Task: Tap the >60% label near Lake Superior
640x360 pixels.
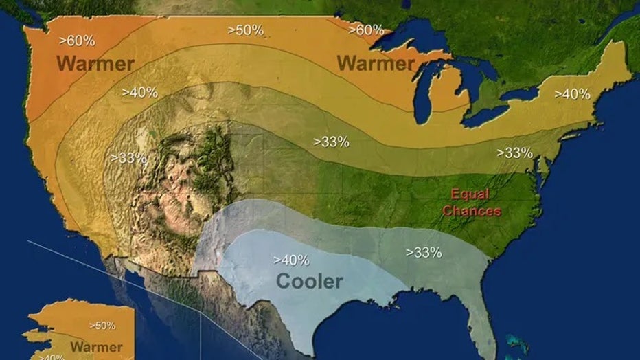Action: click(x=365, y=30)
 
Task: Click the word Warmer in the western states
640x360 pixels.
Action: click(x=95, y=64)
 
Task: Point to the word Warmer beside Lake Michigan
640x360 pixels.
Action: click(x=376, y=64)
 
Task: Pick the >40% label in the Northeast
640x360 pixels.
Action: click(x=572, y=94)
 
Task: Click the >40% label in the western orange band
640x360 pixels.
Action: click(x=140, y=91)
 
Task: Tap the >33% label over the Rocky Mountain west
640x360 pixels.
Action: click(x=129, y=157)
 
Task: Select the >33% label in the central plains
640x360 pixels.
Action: click(x=332, y=142)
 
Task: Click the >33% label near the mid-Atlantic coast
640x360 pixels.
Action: click(x=515, y=153)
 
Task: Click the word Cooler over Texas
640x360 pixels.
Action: click(x=309, y=281)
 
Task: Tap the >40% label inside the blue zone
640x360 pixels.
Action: click(x=291, y=260)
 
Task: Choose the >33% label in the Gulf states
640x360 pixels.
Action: click(x=424, y=252)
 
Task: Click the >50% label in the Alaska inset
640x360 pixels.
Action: click(x=102, y=326)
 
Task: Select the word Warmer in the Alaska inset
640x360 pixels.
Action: click(x=96, y=347)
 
